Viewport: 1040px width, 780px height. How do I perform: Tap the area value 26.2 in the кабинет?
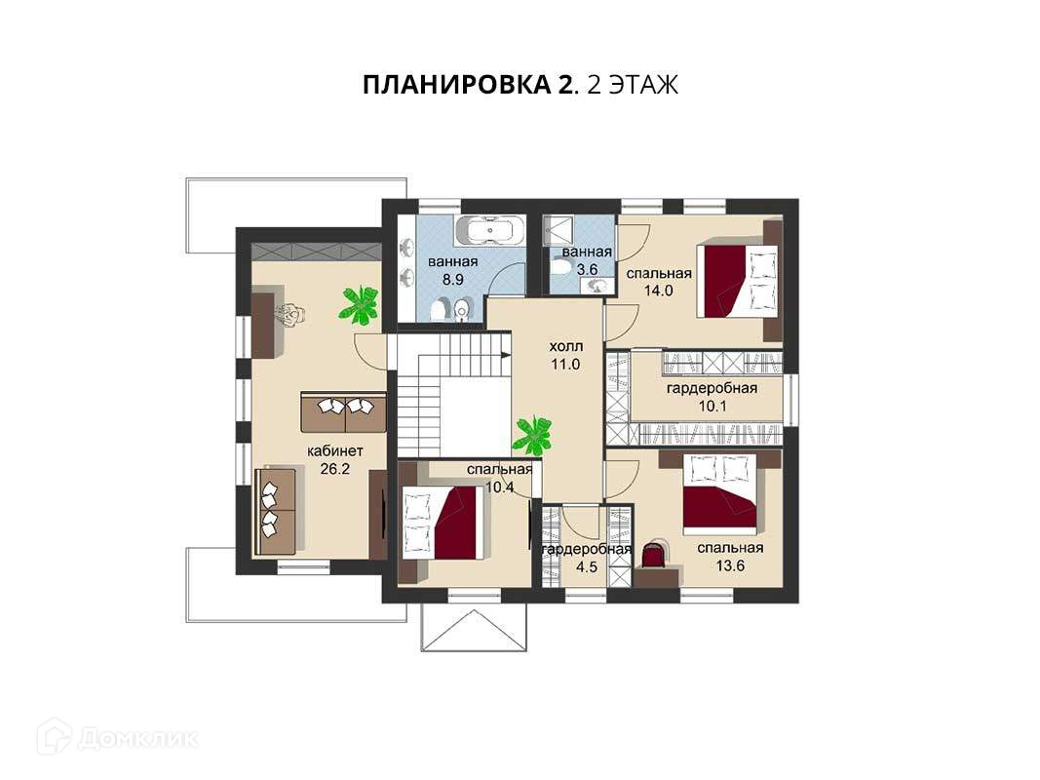coord(334,469)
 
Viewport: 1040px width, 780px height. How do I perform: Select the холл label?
coord(565,346)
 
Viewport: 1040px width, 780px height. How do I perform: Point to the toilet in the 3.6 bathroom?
coord(560,266)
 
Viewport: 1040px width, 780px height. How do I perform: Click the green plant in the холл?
coord(532,435)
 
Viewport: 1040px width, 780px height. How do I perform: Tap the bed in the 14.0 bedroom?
coord(736,281)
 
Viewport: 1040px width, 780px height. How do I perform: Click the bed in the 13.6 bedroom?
coord(720,493)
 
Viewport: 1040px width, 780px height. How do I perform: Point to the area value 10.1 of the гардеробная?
coord(713,406)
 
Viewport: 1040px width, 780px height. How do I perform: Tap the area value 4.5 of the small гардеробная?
coord(587,567)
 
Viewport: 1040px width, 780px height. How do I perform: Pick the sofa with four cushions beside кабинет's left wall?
coord(275,511)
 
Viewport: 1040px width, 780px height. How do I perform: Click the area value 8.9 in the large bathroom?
coord(453,279)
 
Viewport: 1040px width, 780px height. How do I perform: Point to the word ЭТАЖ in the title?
coord(642,85)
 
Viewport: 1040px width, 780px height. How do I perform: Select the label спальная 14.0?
coord(659,281)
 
